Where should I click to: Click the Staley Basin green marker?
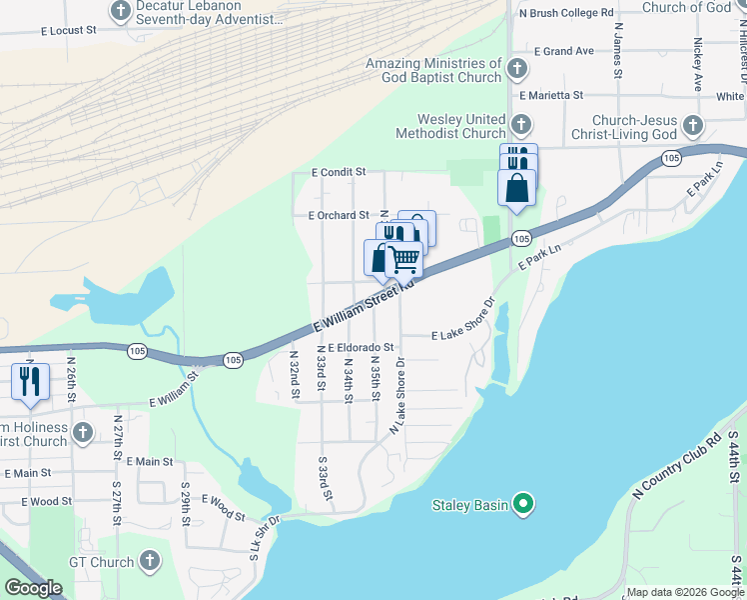tap(521, 504)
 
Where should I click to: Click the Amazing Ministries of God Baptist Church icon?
tap(516, 69)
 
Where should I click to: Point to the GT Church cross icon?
tap(151, 561)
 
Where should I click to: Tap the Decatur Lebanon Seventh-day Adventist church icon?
tap(121, 11)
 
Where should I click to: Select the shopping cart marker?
tap(403, 260)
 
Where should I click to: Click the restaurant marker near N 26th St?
tap(30, 382)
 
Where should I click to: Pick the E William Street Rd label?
tap(364, 308)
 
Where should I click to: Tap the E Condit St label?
tap(339, 172)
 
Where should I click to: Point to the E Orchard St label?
tap(339, 215)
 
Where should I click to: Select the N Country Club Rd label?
tap(677, 467)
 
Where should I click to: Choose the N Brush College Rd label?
tap(565, 13)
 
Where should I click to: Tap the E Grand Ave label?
tap(564, 51)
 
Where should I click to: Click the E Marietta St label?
tap(550, 95)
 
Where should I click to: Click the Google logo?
tap(33, 588)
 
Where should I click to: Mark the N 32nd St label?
tap(295, 374)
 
